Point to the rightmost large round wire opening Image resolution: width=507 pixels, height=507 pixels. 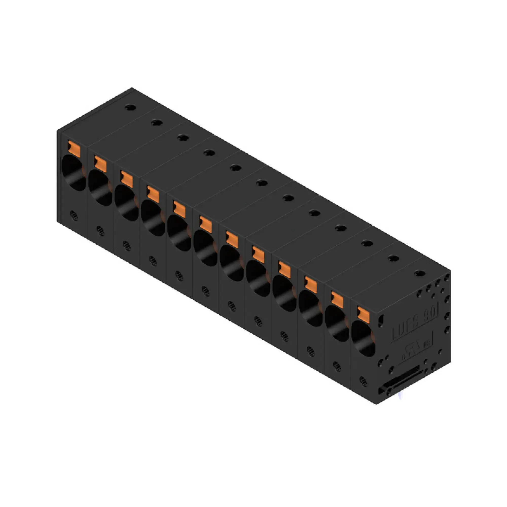tap(363, 338)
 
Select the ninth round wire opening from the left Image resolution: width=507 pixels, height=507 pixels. tap(284, 293)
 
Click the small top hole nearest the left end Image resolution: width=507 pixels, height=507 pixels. tap(130, 107)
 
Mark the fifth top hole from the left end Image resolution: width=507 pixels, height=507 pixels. tap(236, 168)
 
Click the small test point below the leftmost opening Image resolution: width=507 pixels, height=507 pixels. tap(74, 215)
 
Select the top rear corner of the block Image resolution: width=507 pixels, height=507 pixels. tap(132, 88)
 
